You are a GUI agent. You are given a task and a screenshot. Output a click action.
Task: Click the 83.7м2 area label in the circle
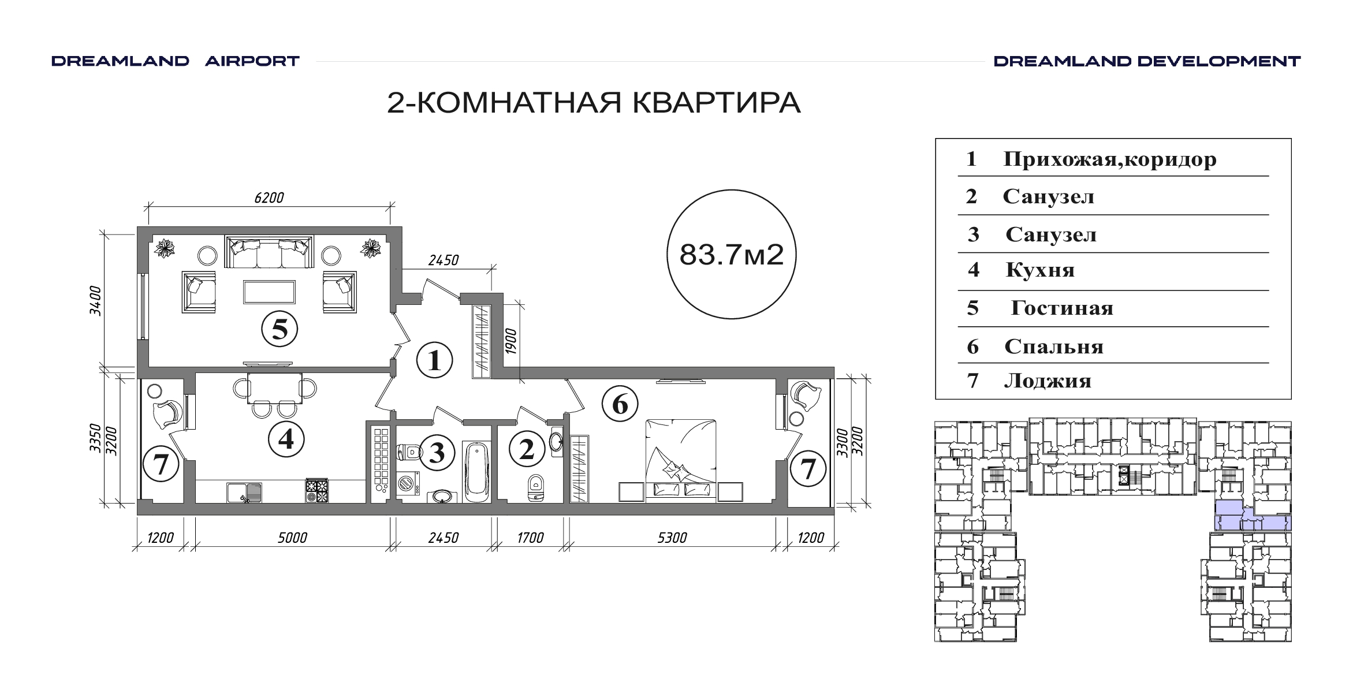click(x=731, y=254)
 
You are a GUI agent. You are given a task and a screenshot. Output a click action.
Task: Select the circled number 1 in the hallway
click(x=434, y=360)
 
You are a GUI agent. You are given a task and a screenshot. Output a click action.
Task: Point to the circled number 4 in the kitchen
click(x=286, y=439)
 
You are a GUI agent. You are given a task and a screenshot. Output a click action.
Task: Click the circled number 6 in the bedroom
click(x=620, y=404)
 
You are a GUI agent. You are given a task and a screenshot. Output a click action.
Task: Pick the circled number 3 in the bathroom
click(x=437, y=452)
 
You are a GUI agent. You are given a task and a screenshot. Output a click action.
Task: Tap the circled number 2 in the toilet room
click(x=527, y=450)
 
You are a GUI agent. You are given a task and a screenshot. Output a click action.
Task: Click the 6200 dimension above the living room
click(x=269, y=197)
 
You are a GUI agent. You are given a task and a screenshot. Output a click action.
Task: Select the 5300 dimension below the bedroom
click(x=672, y=538)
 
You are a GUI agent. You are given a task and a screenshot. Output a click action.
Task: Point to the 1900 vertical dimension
click(x=510, y=341)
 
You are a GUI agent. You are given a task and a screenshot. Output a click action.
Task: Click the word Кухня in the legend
click(x=1040, y=270)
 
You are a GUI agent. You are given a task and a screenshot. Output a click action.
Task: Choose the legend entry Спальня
click(x=1054, y=346)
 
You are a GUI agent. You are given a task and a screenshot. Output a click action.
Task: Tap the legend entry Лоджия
click(x=1048, y=381)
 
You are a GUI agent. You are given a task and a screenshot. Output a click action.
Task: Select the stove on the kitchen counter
click(x=316, y=491)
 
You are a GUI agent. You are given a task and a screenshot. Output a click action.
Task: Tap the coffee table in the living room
click(x=269, y=292)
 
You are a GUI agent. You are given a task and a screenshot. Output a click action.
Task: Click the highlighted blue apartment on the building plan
click(x=1252, y=516)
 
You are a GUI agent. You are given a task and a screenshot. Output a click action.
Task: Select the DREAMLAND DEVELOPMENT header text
click(x=1147, y=61)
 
